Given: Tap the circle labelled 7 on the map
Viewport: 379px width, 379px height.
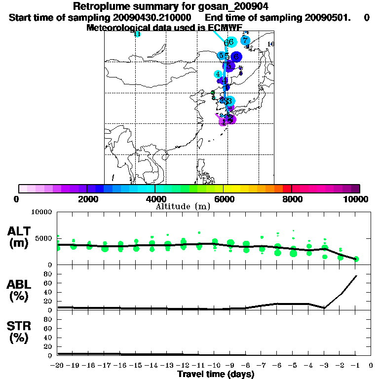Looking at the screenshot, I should tap(245, 40).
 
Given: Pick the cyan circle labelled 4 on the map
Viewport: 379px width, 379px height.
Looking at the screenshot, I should tap(218, 75).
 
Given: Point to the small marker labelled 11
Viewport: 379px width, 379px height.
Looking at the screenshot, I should tap(137, 34).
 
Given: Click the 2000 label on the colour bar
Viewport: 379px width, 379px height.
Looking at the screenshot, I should tap(87, 199).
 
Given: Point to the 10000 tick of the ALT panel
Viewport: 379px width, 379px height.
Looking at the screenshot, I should tap(42, 212).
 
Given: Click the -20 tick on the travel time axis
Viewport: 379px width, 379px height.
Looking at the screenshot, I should tap(58, 366).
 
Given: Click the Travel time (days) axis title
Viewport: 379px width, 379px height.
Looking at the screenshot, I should tap(216, 374).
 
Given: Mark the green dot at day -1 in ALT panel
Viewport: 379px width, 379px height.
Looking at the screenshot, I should tap(356, 259).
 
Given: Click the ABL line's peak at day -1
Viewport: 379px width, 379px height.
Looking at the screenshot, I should tap(356, 276).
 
